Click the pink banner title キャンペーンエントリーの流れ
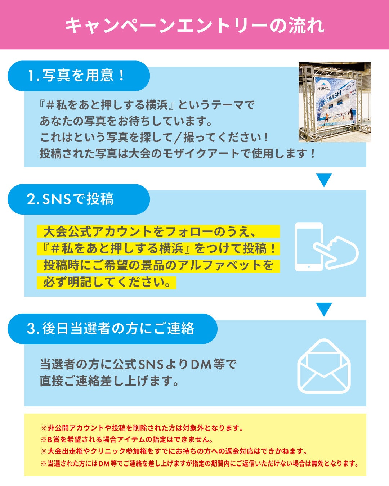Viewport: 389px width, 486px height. (194, 25)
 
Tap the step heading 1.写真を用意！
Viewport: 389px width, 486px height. (76, 76)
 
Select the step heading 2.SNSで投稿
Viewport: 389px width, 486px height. (70, 199)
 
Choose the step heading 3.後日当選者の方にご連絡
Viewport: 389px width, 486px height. (110, 329)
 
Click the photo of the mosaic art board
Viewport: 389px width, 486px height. (335, 102)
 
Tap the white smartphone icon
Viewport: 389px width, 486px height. (309, 247)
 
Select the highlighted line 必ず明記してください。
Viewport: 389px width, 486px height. (107, 282)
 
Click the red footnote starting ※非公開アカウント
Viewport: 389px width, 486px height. (142, 428)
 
